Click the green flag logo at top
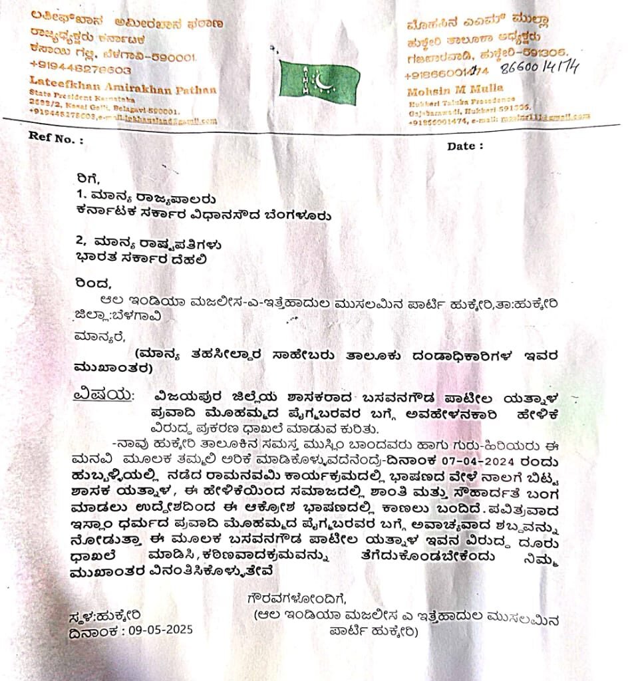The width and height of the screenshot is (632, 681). click(x=319, y=78)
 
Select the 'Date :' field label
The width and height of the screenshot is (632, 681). click(x=465, y=145)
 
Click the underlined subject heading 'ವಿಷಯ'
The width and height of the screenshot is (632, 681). click(x=100, y=394)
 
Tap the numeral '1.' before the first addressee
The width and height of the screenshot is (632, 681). click(x=82, y=196)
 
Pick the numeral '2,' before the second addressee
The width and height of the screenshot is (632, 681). click(x=84, y=244)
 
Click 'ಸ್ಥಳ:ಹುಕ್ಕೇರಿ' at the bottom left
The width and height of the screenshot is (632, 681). click(x=105, y=615)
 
